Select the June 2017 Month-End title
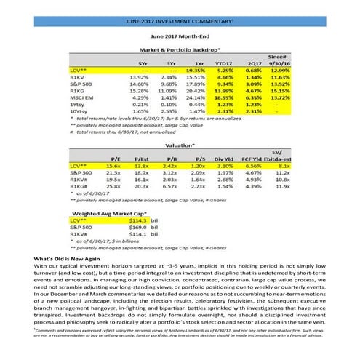tap(180, 35)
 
